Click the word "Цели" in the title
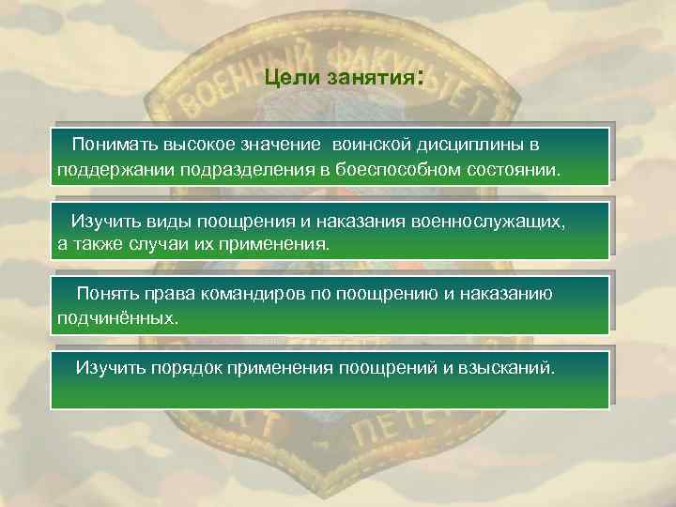point(292,80)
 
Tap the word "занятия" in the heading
point(369,80)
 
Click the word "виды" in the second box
point(165,221)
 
